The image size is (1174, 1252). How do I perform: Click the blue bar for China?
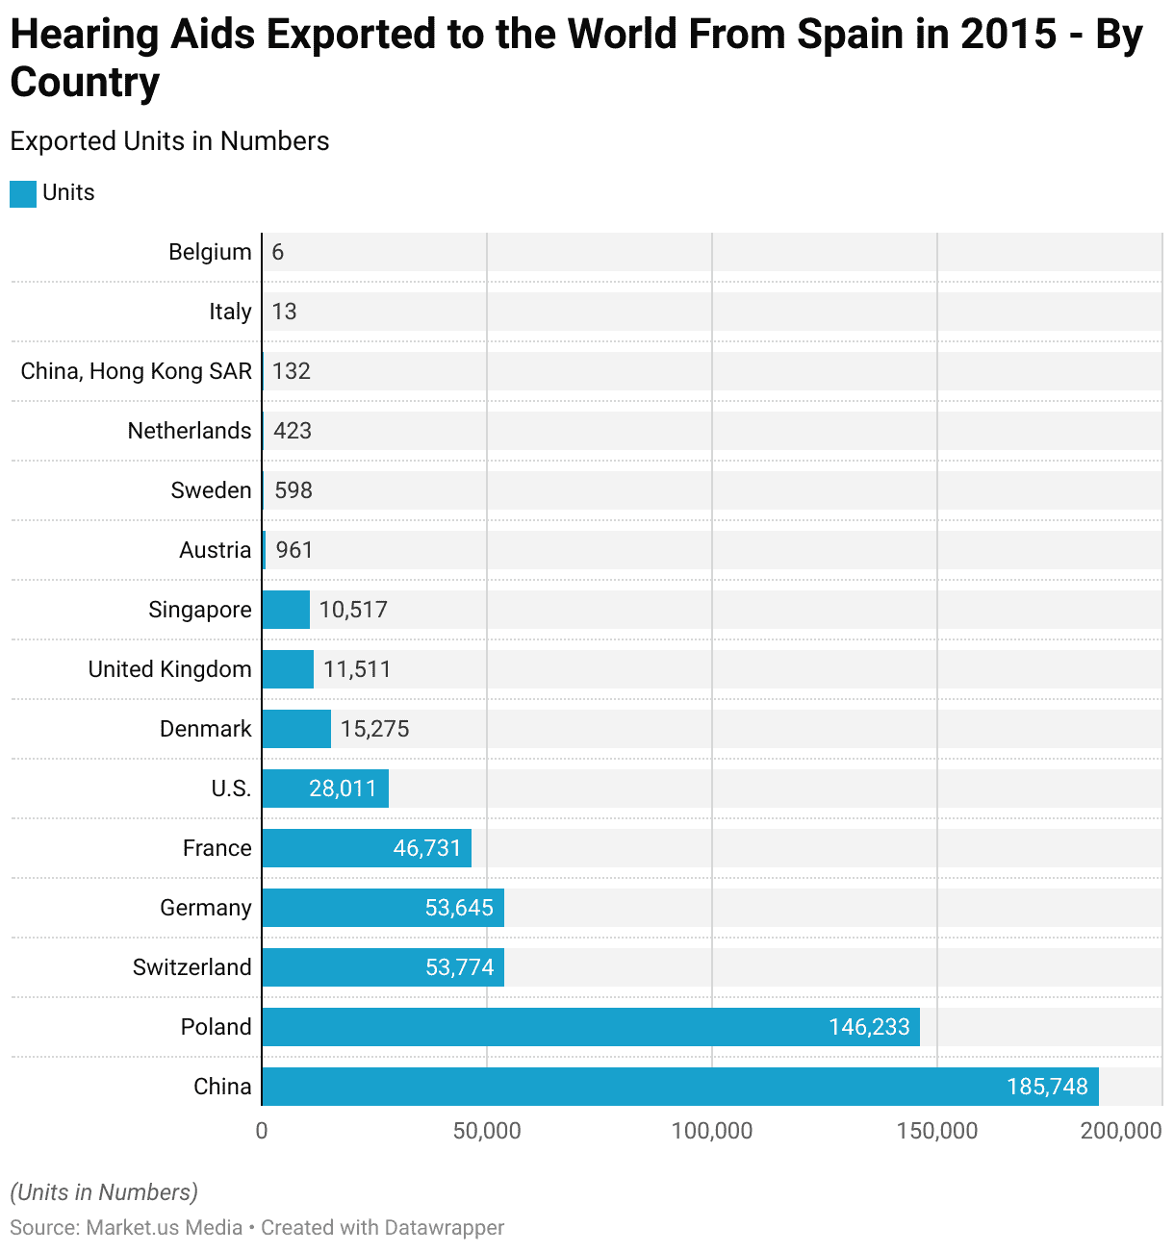679,1087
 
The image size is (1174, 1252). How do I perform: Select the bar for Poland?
590,1027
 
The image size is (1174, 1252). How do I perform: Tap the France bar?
366,848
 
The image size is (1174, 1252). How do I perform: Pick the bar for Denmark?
296,729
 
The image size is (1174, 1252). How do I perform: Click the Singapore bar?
286,610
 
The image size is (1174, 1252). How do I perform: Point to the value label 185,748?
1047,1087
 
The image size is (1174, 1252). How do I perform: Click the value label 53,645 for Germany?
459,908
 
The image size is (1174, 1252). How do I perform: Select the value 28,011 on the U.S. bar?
343,789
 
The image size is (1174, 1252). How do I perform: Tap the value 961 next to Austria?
294,550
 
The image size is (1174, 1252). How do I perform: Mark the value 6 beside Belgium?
278,252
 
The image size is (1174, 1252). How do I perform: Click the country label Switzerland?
192,967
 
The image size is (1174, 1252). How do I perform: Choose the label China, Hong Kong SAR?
137,371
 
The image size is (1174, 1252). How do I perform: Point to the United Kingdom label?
170,669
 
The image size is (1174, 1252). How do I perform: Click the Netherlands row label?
190,431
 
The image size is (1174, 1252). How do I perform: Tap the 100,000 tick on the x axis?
712,1131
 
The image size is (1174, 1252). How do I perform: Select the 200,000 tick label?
1121,1131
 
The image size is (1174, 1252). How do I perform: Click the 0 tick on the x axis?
262,1131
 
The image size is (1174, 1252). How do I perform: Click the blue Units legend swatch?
23,193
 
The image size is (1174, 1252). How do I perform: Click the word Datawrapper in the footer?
444,1228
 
